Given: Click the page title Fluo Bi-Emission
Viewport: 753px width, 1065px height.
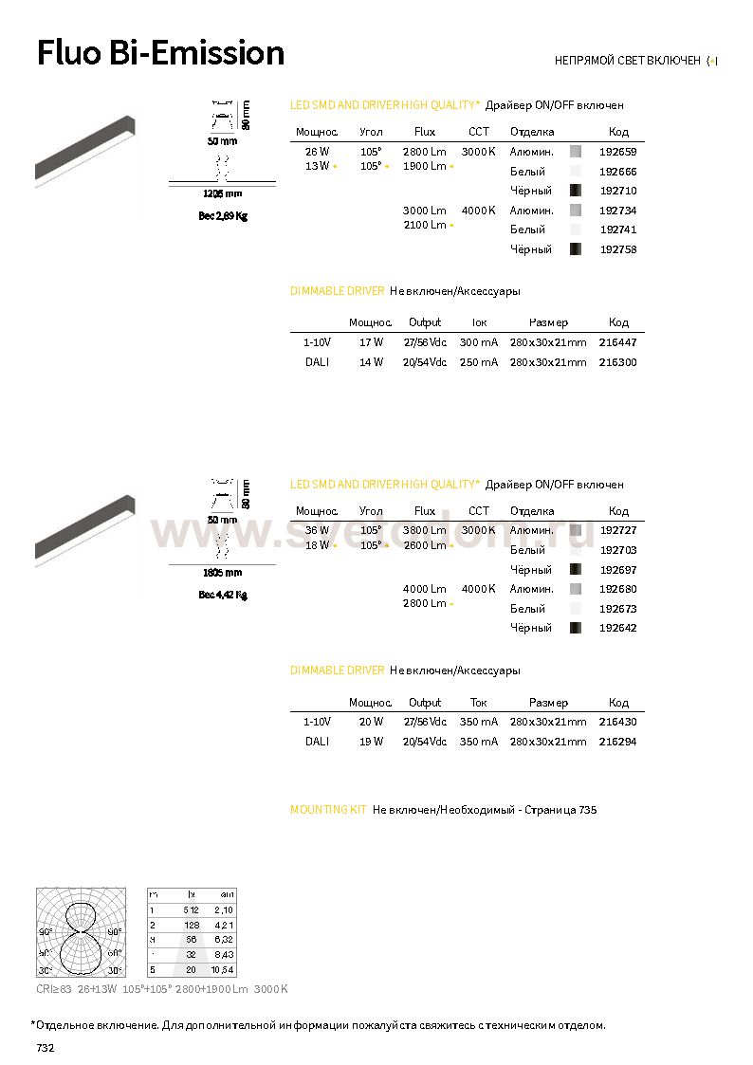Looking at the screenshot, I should (160, 53).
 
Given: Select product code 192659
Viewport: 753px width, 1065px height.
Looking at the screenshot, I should (618, 152).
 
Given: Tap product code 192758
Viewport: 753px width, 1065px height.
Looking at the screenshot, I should (618, 249).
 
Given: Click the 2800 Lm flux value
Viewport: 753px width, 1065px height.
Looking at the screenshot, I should (424, 152).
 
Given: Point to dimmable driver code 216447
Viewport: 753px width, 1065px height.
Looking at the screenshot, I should (618, 342).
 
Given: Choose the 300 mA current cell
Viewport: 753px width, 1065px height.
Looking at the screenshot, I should (478, 342).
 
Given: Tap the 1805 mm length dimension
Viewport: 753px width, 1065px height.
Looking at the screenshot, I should (223, 573).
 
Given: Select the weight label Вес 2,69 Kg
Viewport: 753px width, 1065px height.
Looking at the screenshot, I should (223, 216).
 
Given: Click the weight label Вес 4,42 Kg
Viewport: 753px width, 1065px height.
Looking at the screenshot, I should (223, 596).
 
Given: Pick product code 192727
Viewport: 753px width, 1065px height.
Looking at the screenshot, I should (618, 530).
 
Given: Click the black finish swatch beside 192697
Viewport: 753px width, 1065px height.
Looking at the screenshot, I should (576, 570).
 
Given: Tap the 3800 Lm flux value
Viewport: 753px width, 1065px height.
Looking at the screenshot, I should (424, 530).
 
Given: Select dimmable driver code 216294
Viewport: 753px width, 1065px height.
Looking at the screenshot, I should (618, 742).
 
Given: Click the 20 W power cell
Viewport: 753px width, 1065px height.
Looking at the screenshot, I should (371, 722).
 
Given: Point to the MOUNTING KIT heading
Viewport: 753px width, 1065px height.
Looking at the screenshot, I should (328, 810).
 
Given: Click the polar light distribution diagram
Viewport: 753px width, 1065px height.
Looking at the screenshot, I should (81, 932).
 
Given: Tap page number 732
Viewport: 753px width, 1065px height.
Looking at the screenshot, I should (46, 1048).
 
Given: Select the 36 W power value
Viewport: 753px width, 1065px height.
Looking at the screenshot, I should (318, 530).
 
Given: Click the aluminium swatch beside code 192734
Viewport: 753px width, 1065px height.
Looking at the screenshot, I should (576, 211).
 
